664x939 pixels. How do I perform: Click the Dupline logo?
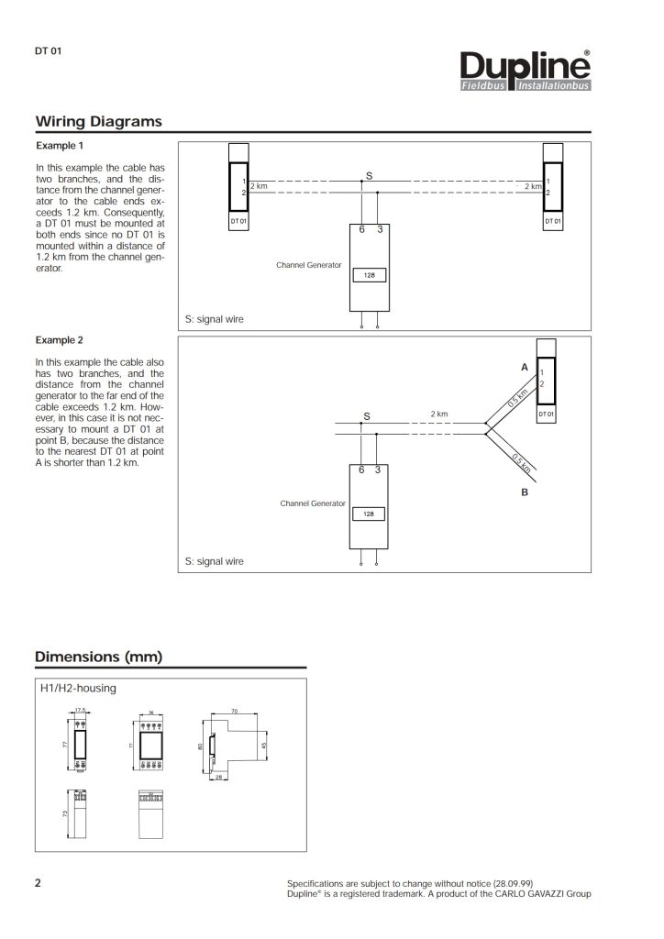point(526,72)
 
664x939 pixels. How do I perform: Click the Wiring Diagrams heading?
point(98,122)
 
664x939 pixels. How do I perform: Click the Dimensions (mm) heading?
point(98,656)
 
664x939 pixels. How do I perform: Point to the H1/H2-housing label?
point(77,688)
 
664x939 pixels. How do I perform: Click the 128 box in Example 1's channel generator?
point(368,274)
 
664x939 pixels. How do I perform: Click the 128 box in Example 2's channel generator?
point(368,514)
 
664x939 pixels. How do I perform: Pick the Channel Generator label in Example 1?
point(309,264)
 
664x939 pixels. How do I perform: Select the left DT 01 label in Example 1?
point(238,222)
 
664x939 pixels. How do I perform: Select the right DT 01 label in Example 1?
point(553,222)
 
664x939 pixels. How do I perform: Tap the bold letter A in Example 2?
point(525,367)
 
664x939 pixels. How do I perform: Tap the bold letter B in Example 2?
point(525,492)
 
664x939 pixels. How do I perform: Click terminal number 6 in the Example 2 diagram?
point(362,469)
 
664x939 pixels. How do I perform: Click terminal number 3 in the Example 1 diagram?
point(379,229)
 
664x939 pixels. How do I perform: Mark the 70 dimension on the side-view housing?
point(235,711)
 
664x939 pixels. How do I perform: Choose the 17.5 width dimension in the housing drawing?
point(80,711)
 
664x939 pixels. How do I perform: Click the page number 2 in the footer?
point(38,883)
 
